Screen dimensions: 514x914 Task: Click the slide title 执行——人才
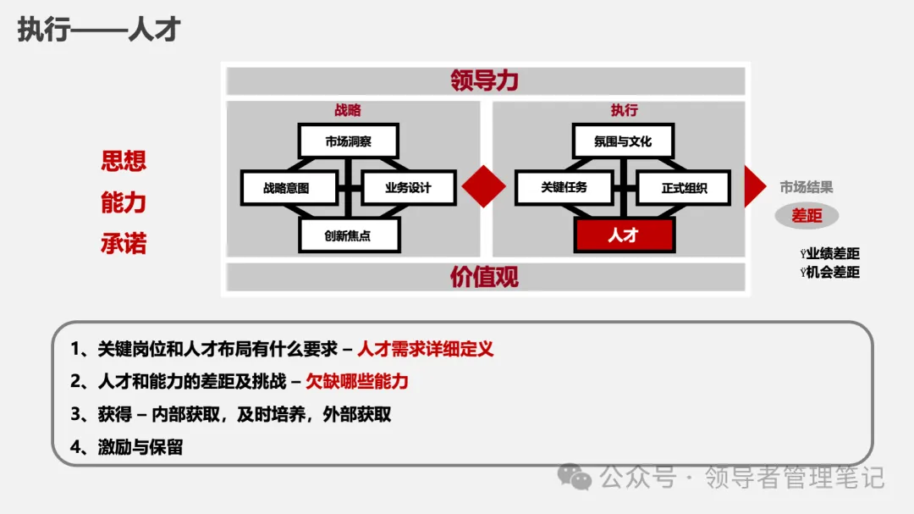click(99, 30)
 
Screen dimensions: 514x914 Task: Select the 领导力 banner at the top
click(484, 80)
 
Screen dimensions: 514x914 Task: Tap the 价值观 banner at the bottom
click(484, 277)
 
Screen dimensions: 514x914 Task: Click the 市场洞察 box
click(348, 141)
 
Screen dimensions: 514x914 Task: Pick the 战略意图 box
click(286, 188)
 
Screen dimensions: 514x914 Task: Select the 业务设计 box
click(408, 188)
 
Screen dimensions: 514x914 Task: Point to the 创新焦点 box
click(348, 235)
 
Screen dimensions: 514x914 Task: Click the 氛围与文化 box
click(623, 141)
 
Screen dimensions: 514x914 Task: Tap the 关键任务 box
click(564, 188)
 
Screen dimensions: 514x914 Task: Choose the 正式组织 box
click(684, 188)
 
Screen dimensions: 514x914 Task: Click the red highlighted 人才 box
click(624, 235)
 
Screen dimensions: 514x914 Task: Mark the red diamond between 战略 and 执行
click(484, 186)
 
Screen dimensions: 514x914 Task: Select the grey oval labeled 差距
click(807, 216)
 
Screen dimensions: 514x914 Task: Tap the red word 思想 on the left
click(124, 161)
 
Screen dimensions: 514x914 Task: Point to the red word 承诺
click(124, 244)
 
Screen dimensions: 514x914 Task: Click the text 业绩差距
click(833, 254)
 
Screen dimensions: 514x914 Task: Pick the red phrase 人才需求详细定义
click(425, 349)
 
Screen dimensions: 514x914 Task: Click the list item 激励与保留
click(140, 447)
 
